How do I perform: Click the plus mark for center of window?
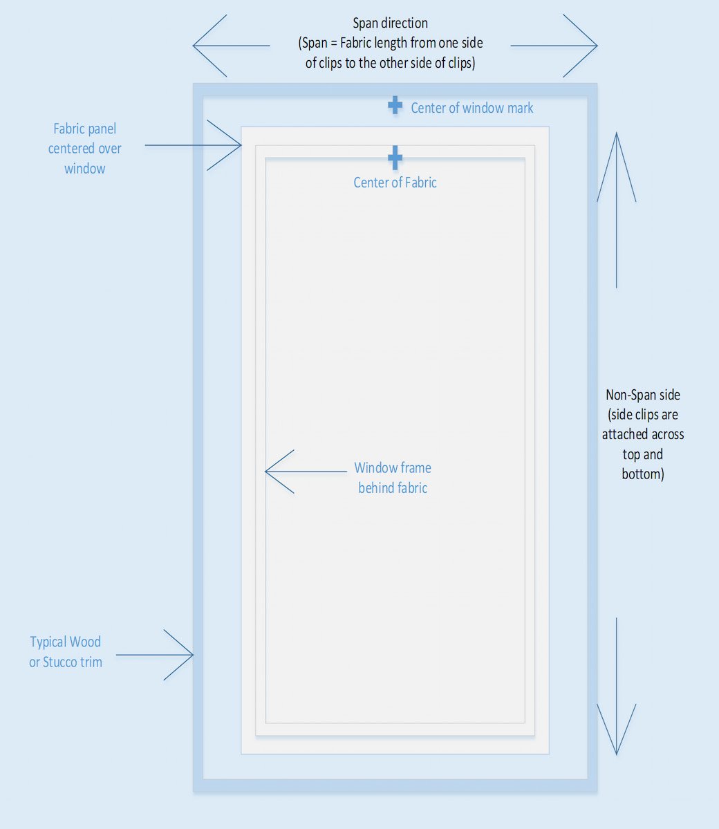point(395,106)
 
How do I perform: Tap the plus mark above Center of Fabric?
point(395,158)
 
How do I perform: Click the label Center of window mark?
point(471,108)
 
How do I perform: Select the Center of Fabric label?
point(395,183)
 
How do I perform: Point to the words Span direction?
point(390,23)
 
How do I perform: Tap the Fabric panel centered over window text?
point(84,149)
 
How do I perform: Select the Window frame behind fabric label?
point(393,478)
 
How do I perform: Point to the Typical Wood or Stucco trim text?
point(66,652)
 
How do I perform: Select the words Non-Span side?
point(643,395)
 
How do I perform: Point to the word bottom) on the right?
point(642,474)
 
